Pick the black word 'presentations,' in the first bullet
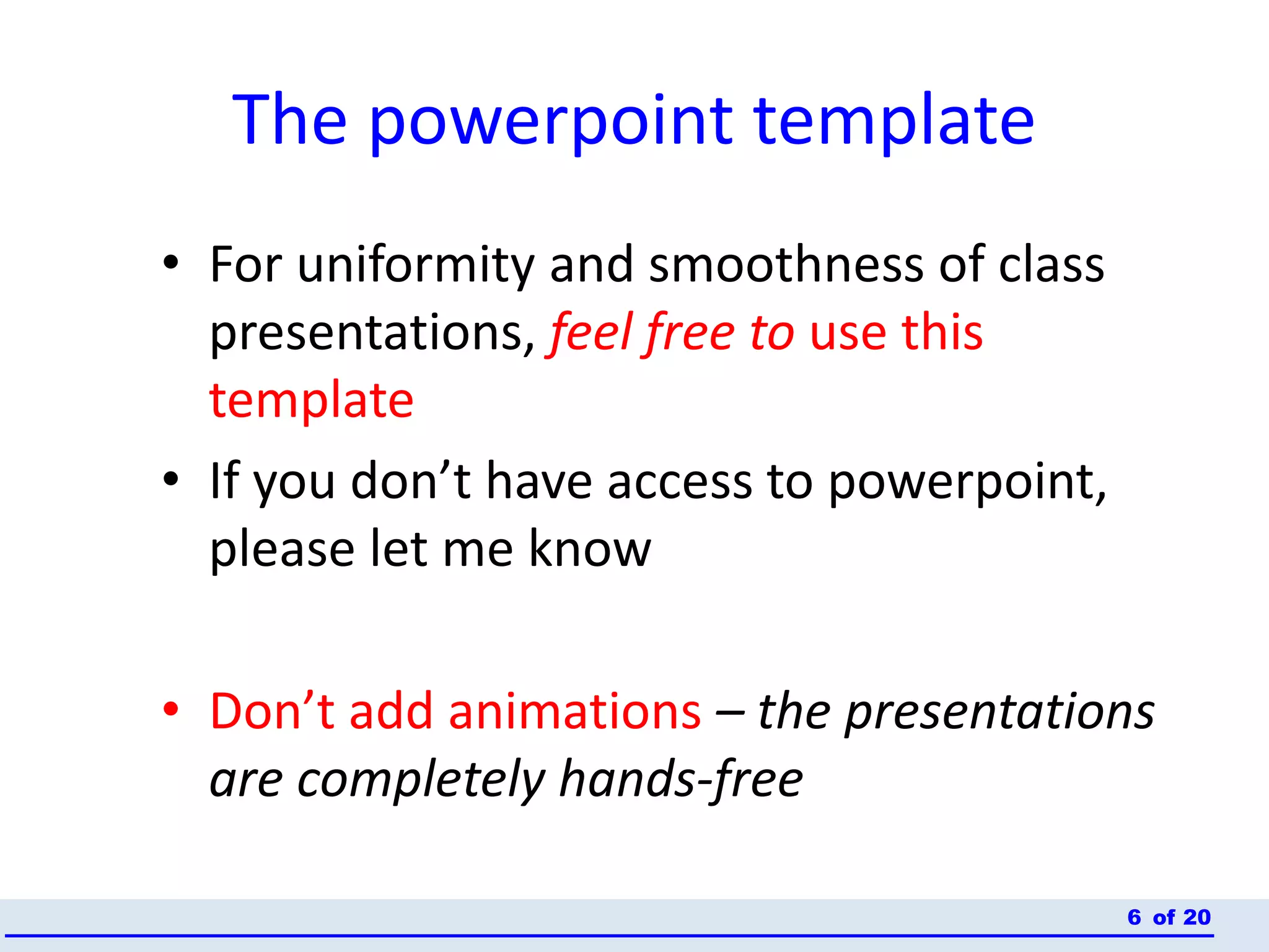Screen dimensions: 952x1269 click(x=372, y=333)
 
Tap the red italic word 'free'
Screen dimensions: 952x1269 click(x=689, y=333)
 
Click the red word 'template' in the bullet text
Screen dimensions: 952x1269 click(x=311, y=401)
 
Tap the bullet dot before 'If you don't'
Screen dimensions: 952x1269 click(x=171, y=478)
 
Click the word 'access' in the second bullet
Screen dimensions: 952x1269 click(x=679, y=482)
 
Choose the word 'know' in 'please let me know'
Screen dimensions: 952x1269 click(x=589, y=549)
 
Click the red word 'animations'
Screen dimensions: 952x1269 click(x=574, y=712)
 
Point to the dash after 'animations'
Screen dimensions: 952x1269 click(x=729, y=713)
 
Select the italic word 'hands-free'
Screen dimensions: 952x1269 click(x=680, y=780)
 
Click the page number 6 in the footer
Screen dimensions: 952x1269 click(x=1134, y=917)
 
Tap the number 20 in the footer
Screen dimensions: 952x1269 click(x=1197, y=917)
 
